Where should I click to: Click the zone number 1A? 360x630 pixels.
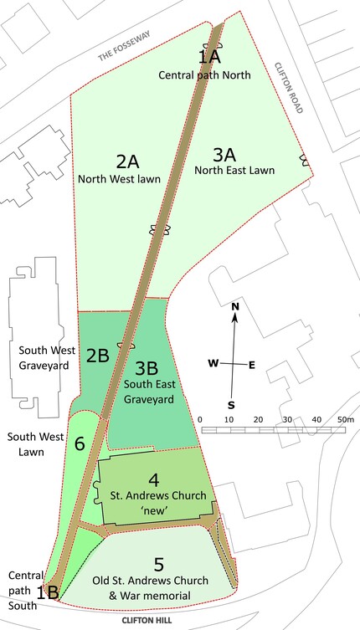pos(209,57)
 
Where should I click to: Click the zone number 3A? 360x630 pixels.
pos(224,155)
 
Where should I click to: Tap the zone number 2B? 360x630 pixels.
pos(98,355)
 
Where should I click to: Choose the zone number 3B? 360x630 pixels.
pos(147,366)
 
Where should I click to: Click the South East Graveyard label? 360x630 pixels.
pos(148,392)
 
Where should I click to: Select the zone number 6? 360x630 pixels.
pos(80,443)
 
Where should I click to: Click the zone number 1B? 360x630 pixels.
pos(48,592)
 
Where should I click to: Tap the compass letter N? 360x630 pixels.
pos(235,306)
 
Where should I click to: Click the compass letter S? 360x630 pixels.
pos(231,405)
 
